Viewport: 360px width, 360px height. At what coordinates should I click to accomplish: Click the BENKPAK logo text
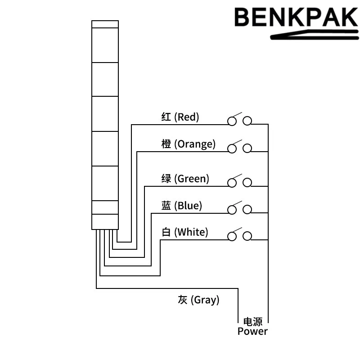click(296, 17)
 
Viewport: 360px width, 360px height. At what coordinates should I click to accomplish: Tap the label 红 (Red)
click(180, 117)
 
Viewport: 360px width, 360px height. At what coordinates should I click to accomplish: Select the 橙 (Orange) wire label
click(189, 144)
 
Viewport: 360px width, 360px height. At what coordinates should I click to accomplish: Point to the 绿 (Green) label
click(185, 179)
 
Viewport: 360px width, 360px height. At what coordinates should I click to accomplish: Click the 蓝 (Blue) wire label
click(182, 206)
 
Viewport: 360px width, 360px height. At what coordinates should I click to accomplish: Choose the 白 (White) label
click(185, 232)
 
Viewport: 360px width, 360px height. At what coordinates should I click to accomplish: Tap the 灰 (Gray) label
click(198, 300)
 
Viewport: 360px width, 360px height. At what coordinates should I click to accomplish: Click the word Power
click(252, 332)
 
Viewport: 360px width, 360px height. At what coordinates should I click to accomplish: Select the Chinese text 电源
click(252, 322)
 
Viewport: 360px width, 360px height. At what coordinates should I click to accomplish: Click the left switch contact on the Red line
click(232, 121)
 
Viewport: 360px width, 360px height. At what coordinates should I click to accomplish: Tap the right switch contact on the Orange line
click(247, 148)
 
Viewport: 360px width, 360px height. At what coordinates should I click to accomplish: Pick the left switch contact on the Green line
click(232, 183)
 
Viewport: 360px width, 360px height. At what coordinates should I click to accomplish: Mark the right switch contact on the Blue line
click(247, 210)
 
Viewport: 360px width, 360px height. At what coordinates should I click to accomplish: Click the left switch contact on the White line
click(232, 236)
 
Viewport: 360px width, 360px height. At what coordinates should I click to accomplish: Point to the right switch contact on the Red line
click(247, 121)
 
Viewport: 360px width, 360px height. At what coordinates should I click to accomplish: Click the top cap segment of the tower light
click(105, 24)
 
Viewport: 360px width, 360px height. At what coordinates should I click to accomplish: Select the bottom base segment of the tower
click(105, 222)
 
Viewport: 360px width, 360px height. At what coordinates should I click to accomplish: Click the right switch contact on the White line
click(247, 236)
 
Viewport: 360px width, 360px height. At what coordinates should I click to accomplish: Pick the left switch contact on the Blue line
click(232, 210)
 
